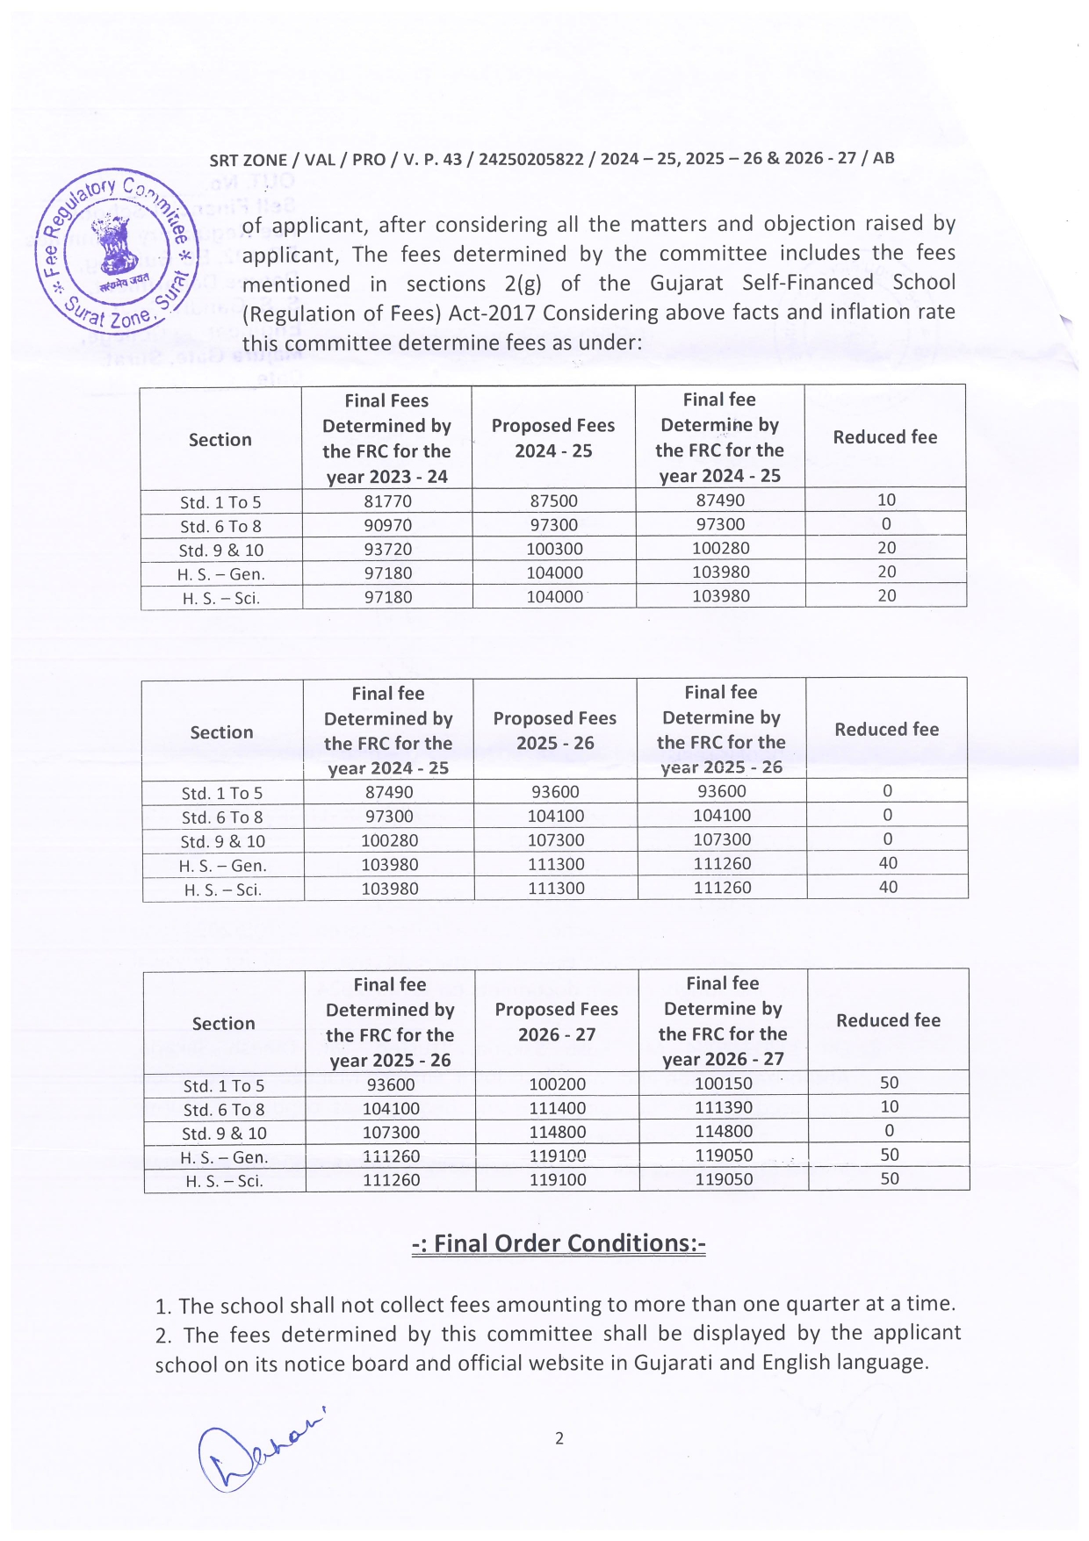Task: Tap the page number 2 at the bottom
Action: pyautogui.click(x=559, y=1438)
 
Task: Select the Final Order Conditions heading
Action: pyautogui.click(x=559, y=1243)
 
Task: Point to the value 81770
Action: pyautogui.click(x=387, y=501)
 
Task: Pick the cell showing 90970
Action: pyautogui.click(x=387, y=526)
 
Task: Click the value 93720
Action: pyautogui.click(x=387, y=550)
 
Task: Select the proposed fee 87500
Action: pyautogui.click(x=553, y=500)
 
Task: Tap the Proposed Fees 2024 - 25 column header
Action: pyautogui.click(x=553, y=437)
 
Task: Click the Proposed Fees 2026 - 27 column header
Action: pyautogui.click(x=557, y=1021)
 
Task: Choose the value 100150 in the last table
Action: pyautogui.click(x=723, y=1084)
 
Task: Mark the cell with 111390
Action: pyautogui.click(x=723, y=1107)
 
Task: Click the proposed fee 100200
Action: pyautogui.click(x=557, y=1084)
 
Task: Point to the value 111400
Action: pyautogui.click(x=557, y=1108)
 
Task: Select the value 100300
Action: pyautogui.click(x=554, y=549)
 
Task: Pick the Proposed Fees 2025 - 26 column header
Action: pyautogui.click(x=555, y=730)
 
